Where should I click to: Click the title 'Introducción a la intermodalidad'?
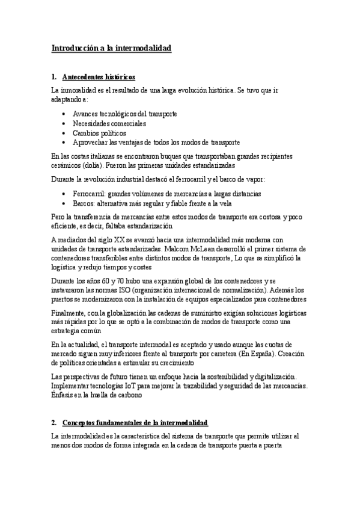click(111, 48)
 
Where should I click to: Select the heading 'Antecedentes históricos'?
click(99, 77)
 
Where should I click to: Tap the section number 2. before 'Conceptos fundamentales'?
click(54, 423)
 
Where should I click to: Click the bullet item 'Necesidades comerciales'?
click(109, 123)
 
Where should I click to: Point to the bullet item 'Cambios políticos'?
click(100, 133)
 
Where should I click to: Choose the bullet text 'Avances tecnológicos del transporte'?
click(125, 114)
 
